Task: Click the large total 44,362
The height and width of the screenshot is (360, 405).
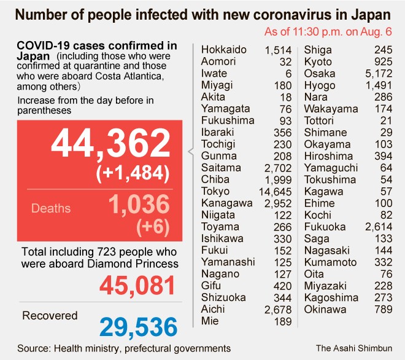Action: click(110, 144)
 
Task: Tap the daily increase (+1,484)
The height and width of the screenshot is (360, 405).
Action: click(133, 173)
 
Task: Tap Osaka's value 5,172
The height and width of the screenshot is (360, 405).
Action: click(377, 73)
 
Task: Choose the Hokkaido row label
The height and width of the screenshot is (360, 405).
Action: click(224, 50)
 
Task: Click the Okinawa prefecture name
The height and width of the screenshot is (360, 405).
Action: click(327, 310)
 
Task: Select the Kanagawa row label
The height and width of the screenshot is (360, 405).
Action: click(226, 203)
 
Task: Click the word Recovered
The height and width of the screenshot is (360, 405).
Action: click(50, 316)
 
